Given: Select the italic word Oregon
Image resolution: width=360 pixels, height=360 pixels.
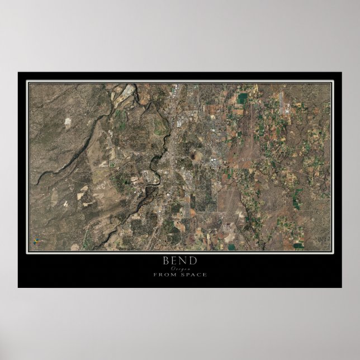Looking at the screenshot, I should coord(180,269).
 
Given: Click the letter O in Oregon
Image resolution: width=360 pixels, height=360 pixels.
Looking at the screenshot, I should coord(171,269).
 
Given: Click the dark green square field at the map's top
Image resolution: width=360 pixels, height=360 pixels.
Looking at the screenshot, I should coord(243,98).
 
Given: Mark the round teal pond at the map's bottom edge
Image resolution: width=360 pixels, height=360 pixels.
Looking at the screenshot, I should coord(231,246).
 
